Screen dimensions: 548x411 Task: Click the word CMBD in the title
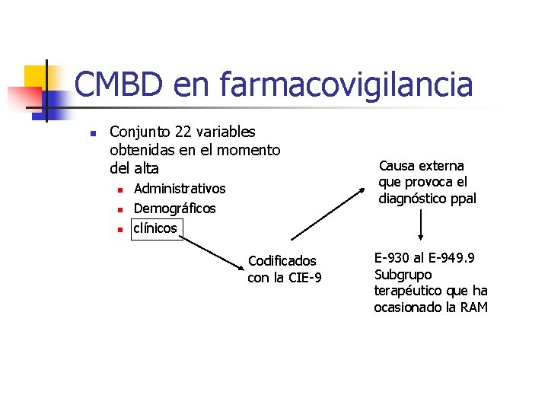(119, 84)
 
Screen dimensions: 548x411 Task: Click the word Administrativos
(180, 189)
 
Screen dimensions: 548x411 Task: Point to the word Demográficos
(174, 209)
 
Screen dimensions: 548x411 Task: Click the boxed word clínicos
(155, 228)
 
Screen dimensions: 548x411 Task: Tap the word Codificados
(282, 261)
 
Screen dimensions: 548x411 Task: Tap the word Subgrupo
(403, 275)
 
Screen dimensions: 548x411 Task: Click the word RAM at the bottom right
(473, 307)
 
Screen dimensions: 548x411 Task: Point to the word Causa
(396, 166)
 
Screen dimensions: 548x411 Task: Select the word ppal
(462, 199)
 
